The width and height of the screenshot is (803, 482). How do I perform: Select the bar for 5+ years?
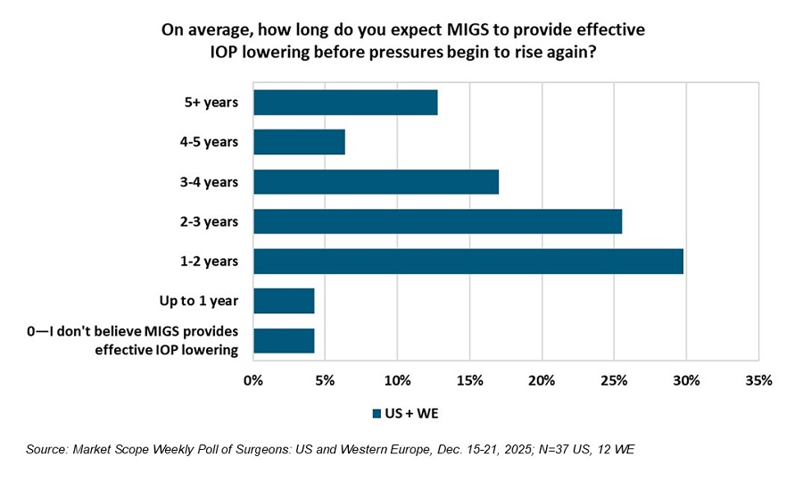[x=345, y=103]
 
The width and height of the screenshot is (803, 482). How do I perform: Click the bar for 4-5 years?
[x=299, y=142]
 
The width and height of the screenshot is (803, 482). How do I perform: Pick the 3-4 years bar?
[x=376, y=181]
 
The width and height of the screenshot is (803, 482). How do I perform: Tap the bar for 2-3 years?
[x=437, y=221]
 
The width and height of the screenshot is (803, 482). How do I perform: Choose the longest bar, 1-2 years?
[x=468, y=261]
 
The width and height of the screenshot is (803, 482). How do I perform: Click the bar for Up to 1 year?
[x=284, y=301]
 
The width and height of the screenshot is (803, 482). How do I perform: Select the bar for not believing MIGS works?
[x=284, y=341]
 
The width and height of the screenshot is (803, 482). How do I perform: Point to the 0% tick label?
[x=253, y=380]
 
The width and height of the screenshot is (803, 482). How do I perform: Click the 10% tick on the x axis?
[x=397, y=380]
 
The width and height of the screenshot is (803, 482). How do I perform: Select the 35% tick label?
[x=757, y=380]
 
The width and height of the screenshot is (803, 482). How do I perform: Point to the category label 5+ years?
[x=211, y=103]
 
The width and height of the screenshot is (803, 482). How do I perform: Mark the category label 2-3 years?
[x=209, y=221]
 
